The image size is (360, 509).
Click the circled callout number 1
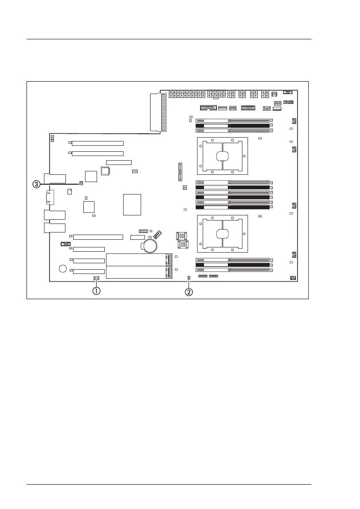tap(97, 291)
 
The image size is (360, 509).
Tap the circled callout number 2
tap(189, 292)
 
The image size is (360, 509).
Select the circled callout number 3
tap(37, 184)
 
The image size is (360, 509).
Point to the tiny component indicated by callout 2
tap(189, 278)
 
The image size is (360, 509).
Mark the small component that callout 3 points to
tap(81, 183)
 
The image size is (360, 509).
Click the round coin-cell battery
tap(150, 244)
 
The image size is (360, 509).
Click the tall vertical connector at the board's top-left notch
tap(162, 112)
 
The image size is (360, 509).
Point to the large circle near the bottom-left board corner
tap(63, 268)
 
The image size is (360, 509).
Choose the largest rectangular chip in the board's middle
tap(132, 204)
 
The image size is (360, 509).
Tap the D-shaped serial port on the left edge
tap(47, 198)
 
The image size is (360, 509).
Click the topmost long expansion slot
tap(97, 143)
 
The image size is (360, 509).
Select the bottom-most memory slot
tap(233, 270)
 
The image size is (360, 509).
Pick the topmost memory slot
tap(233, 121)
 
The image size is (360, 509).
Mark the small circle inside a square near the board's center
tap(185, 188)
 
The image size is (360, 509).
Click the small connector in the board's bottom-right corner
tap(293, 278)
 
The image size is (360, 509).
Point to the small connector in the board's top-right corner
tap(288, 92)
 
